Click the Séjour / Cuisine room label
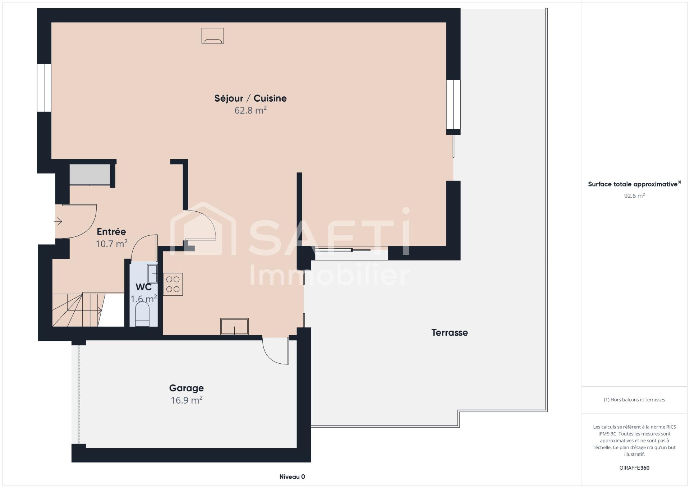[x=250, y=98]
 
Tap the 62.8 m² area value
[x=250, y=110]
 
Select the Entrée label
[x=111, y=231]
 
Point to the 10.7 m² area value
[x=111, y=244]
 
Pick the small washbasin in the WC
[x=152, y=273]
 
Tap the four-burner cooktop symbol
[x=173, y=284]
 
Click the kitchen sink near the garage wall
[x=234, y=326]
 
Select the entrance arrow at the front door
[x=58, y=221]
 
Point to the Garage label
[x=187, y=388]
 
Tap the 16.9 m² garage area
[x=187, y=400]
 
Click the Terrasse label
[x=450, y=332]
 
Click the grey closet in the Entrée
[x=90, y=175]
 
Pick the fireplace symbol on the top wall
[x=213, y=36]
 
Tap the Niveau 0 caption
[x=292, y=477]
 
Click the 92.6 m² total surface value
[x=634, y=196]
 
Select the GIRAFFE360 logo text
[x=634, y=468]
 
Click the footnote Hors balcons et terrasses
[x=634, y=400]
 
